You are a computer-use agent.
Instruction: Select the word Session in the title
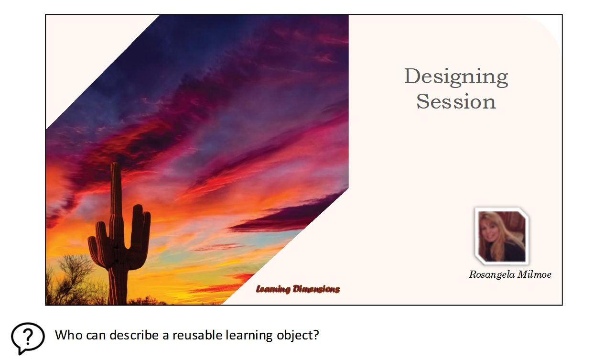tap(456, 101)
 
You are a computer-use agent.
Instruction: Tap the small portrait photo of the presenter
tap(502, 236)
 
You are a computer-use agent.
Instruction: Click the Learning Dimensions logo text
tap(298, 289)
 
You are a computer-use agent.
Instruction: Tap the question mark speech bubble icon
tap(28, 338)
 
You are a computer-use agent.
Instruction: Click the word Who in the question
tap(69, 335)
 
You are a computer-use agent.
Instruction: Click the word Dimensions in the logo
tap(316, 289)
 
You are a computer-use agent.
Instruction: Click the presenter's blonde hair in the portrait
tap(491, 229)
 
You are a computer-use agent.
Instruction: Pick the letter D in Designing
tap(413, 76)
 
